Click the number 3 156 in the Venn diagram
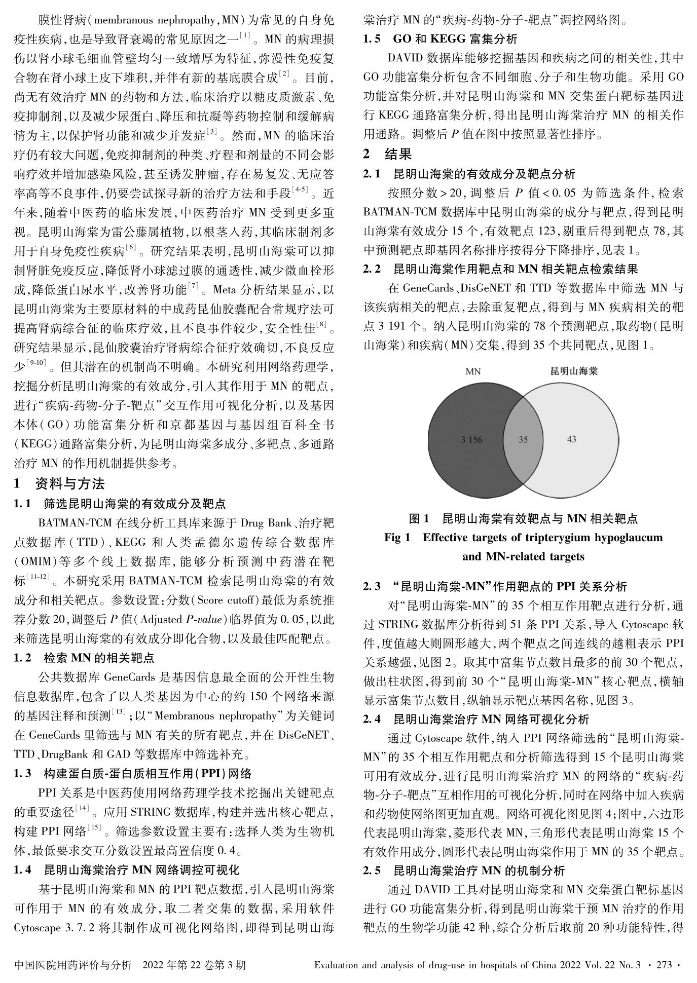(471, 440)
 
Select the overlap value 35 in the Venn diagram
(523, 440)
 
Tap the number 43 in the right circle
(571, 439)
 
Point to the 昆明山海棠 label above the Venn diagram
(574, 371)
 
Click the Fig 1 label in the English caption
(397, 537)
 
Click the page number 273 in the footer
(664, 964)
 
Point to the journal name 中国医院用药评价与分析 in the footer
(73, 964)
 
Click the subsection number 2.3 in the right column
(372, 587)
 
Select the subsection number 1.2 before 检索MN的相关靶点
(23, 658)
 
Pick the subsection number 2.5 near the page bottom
(372, 871)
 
